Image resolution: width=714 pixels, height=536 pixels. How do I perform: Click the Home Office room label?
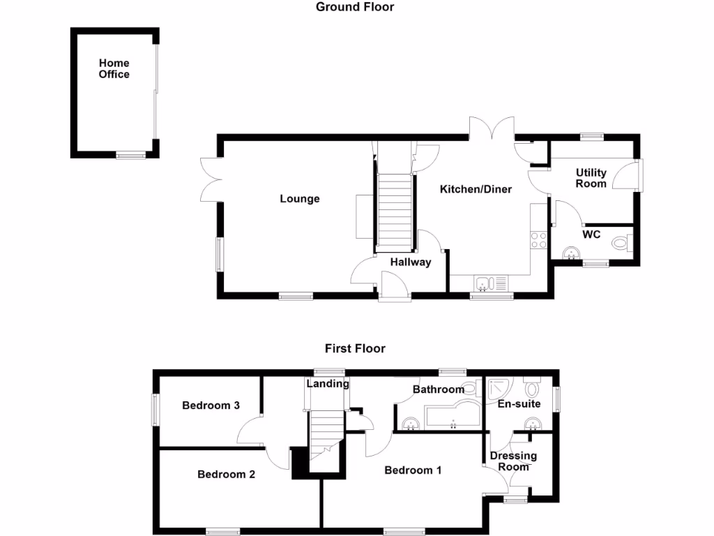(114, 68)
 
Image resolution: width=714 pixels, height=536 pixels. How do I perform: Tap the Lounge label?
(300, 199)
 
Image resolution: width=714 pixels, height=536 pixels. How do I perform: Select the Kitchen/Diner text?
(476, 189)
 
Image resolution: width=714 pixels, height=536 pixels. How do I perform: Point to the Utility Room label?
(591, 178)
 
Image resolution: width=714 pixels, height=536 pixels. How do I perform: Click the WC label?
(591, 234)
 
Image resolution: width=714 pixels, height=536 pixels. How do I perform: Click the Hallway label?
(410, 262)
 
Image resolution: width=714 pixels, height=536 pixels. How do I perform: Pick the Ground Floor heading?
(355, 7)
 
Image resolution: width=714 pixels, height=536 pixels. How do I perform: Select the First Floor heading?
(355, 348)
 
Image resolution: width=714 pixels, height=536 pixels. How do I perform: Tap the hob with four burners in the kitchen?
(538, 240)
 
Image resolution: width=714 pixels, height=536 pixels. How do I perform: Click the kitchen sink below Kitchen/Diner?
(492, 283)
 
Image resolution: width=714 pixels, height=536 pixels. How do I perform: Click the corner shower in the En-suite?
(501, 389)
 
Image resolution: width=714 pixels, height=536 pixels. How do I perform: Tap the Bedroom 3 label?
(211, 405)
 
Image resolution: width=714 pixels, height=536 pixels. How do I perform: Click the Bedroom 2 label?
(226, 475)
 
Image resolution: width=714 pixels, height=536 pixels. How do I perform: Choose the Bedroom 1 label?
(413, 470)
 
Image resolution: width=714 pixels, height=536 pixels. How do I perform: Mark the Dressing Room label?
(513, 461)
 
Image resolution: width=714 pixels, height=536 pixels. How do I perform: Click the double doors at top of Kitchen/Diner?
(492, 129)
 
